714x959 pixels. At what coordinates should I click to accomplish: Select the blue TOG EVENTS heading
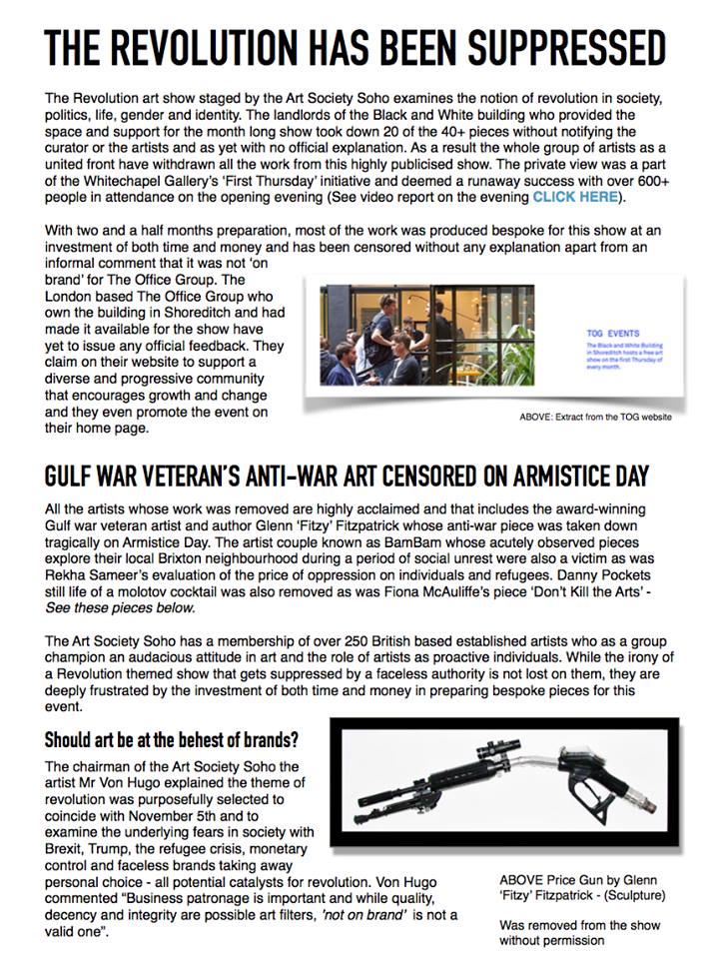click(x=613, y=333)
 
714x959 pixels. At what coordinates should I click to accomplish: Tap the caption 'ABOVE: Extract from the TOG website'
click(x=582, y=416)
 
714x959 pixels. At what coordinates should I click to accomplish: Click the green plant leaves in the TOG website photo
click(x=544, y=350)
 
